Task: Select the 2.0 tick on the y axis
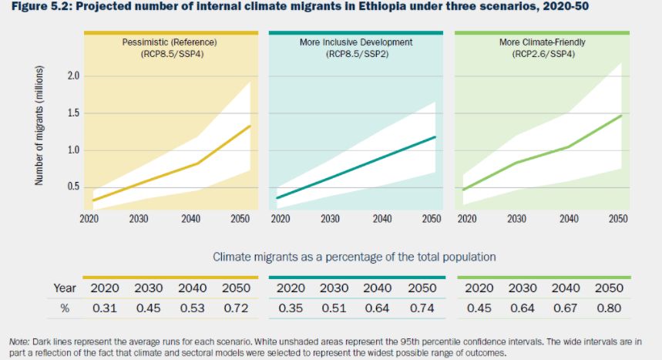(74, 76)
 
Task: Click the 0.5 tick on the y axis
(74, 187)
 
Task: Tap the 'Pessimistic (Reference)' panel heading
(169, 42)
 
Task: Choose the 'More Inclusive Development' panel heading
(356, 42)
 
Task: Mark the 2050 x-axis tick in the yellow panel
(240, 219)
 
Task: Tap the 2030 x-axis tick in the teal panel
(331, 219)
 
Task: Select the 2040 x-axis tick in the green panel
(569, 219)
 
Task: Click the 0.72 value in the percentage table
(237, 309)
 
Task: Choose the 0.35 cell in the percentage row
(291, 309)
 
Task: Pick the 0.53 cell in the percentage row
(193, 309)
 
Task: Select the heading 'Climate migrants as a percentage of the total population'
(354, 256)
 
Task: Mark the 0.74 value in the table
(422, 309)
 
